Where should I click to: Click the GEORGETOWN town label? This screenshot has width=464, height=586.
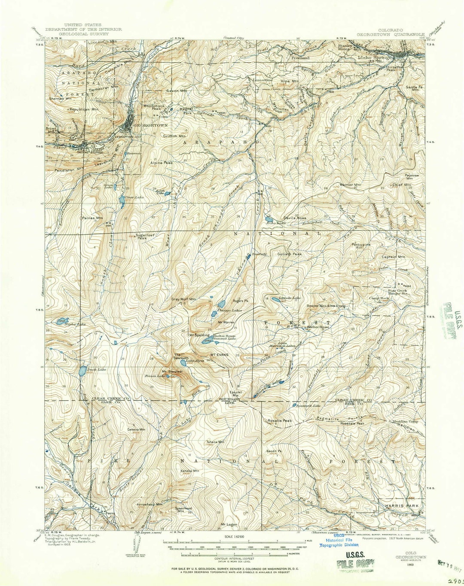tap(144, 125)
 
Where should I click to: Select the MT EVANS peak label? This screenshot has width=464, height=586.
tap(219, 355)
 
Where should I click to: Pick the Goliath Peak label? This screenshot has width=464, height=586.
tap(290, 254)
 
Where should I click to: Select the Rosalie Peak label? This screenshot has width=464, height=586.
tap(280, 420)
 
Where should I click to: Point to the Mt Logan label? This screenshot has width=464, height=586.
tap(229, 524)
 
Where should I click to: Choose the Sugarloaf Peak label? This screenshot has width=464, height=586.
tap(141, 236)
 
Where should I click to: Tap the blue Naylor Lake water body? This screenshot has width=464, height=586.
tap(60, 320)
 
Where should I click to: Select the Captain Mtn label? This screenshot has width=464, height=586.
tap(393, 257)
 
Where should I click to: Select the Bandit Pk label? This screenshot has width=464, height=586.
tap(273, 451)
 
